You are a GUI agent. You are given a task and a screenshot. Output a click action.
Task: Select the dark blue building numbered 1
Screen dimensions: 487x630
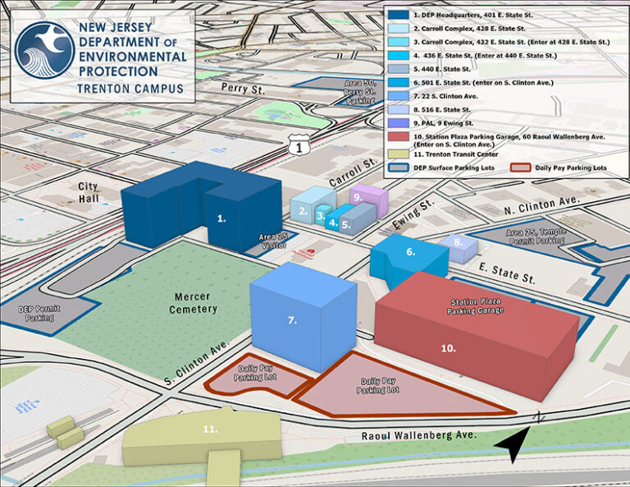[205, 209]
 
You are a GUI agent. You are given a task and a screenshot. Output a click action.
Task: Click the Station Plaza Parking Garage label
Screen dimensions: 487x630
[476, 307]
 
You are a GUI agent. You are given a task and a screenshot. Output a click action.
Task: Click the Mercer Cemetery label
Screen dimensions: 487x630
[195, 302]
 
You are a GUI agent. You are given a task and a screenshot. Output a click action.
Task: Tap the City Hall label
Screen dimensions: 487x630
[88, 193]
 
